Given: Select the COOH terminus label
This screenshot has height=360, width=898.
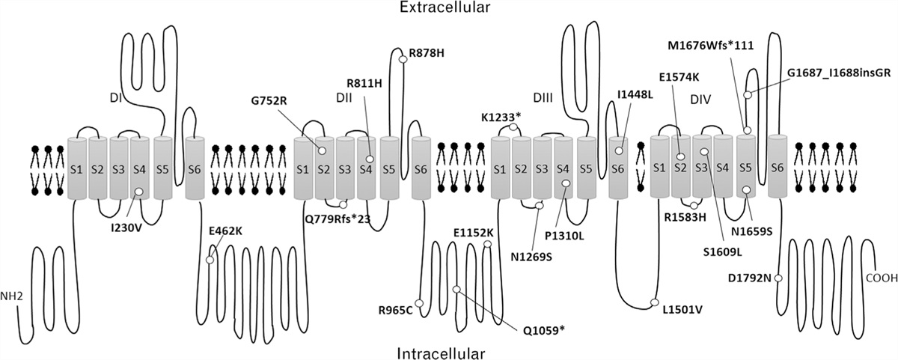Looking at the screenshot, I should (x=879, y=278).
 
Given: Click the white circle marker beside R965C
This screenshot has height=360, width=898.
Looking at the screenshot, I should (x=419, y=303).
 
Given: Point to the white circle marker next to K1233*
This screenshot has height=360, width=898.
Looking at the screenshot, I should (x=513, y=127).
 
